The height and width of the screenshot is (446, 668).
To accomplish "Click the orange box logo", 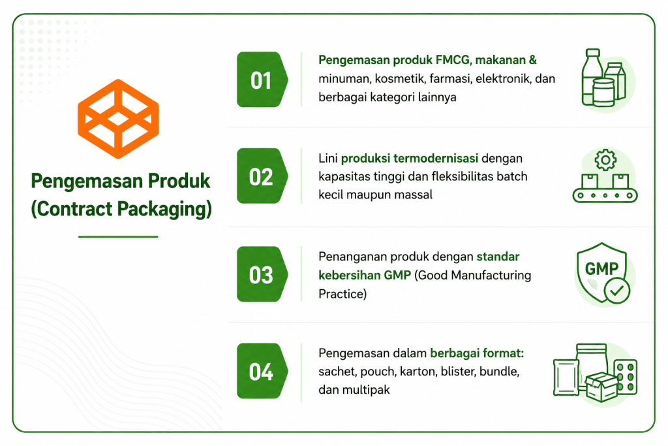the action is tap(118, 119).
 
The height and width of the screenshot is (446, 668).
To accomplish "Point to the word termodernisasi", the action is tap(436, 158).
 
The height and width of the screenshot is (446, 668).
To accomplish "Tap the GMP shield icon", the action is tap(602, 273).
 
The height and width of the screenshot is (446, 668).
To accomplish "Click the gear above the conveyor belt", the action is tap(605, 160).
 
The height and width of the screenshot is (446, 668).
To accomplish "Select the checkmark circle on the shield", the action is tap(616, 291).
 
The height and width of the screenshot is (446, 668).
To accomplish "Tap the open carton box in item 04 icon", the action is tap(601, 387).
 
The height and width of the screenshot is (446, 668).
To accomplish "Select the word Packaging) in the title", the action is tap(164, 209).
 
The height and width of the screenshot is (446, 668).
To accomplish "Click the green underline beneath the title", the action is tap(118, 236).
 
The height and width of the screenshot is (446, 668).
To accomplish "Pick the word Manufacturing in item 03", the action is tap(491, 276).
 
